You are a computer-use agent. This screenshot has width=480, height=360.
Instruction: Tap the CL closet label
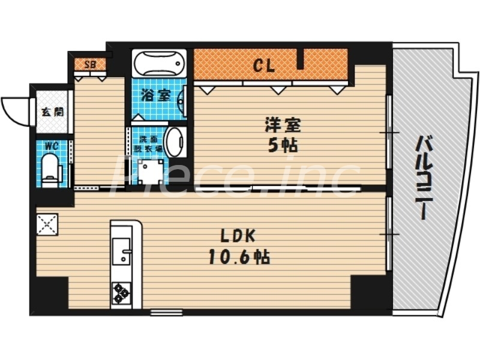pyautogui.click(x=263, y=65)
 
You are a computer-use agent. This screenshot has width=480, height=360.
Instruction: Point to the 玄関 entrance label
pyautogui.click(x=49, y=112)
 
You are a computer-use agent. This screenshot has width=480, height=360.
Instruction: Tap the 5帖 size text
pyautogui.click(x=282, y=146)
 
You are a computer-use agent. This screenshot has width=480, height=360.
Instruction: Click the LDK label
pyautogui.click(x=238, y=236)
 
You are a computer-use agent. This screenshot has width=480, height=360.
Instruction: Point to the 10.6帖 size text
pyautogui.click(x=238, y=257)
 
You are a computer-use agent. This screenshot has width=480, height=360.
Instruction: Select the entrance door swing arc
pyautogui.click(x=15, y=111)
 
